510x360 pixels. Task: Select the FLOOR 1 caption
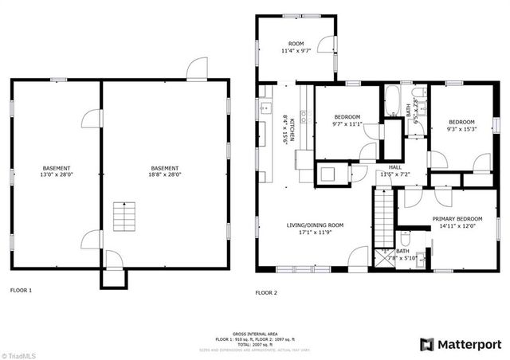[21, 291]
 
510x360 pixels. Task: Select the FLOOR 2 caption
[266, 293]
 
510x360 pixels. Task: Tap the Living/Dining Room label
[315, 229]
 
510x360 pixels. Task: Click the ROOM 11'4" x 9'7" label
[296, 47]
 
